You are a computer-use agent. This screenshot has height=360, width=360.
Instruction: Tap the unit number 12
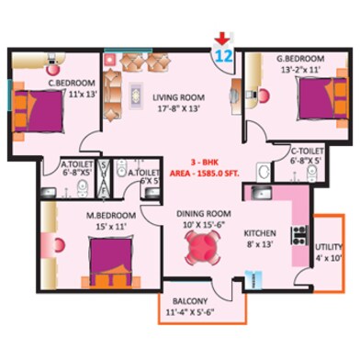coord(222,54)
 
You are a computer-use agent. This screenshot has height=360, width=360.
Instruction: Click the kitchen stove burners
coord(298,234)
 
